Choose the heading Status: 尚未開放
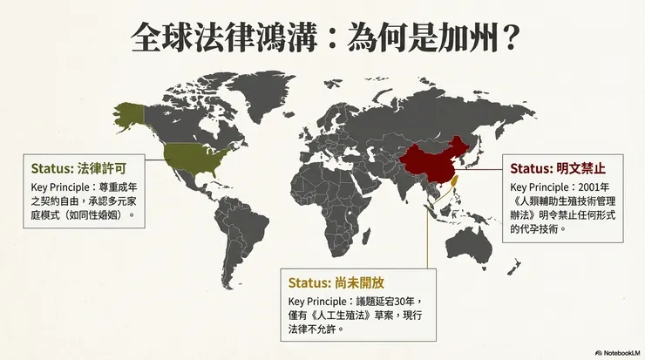(336, 282)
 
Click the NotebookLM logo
(617, 352)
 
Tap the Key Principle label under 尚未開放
(318, 301)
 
